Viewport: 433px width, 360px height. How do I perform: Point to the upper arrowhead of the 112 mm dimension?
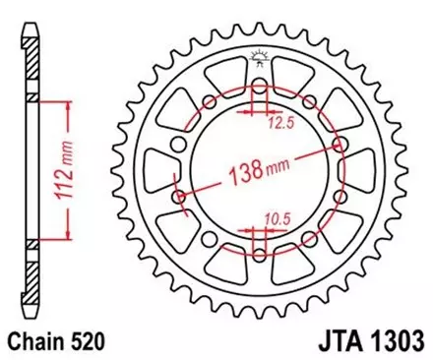pos(66,105)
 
